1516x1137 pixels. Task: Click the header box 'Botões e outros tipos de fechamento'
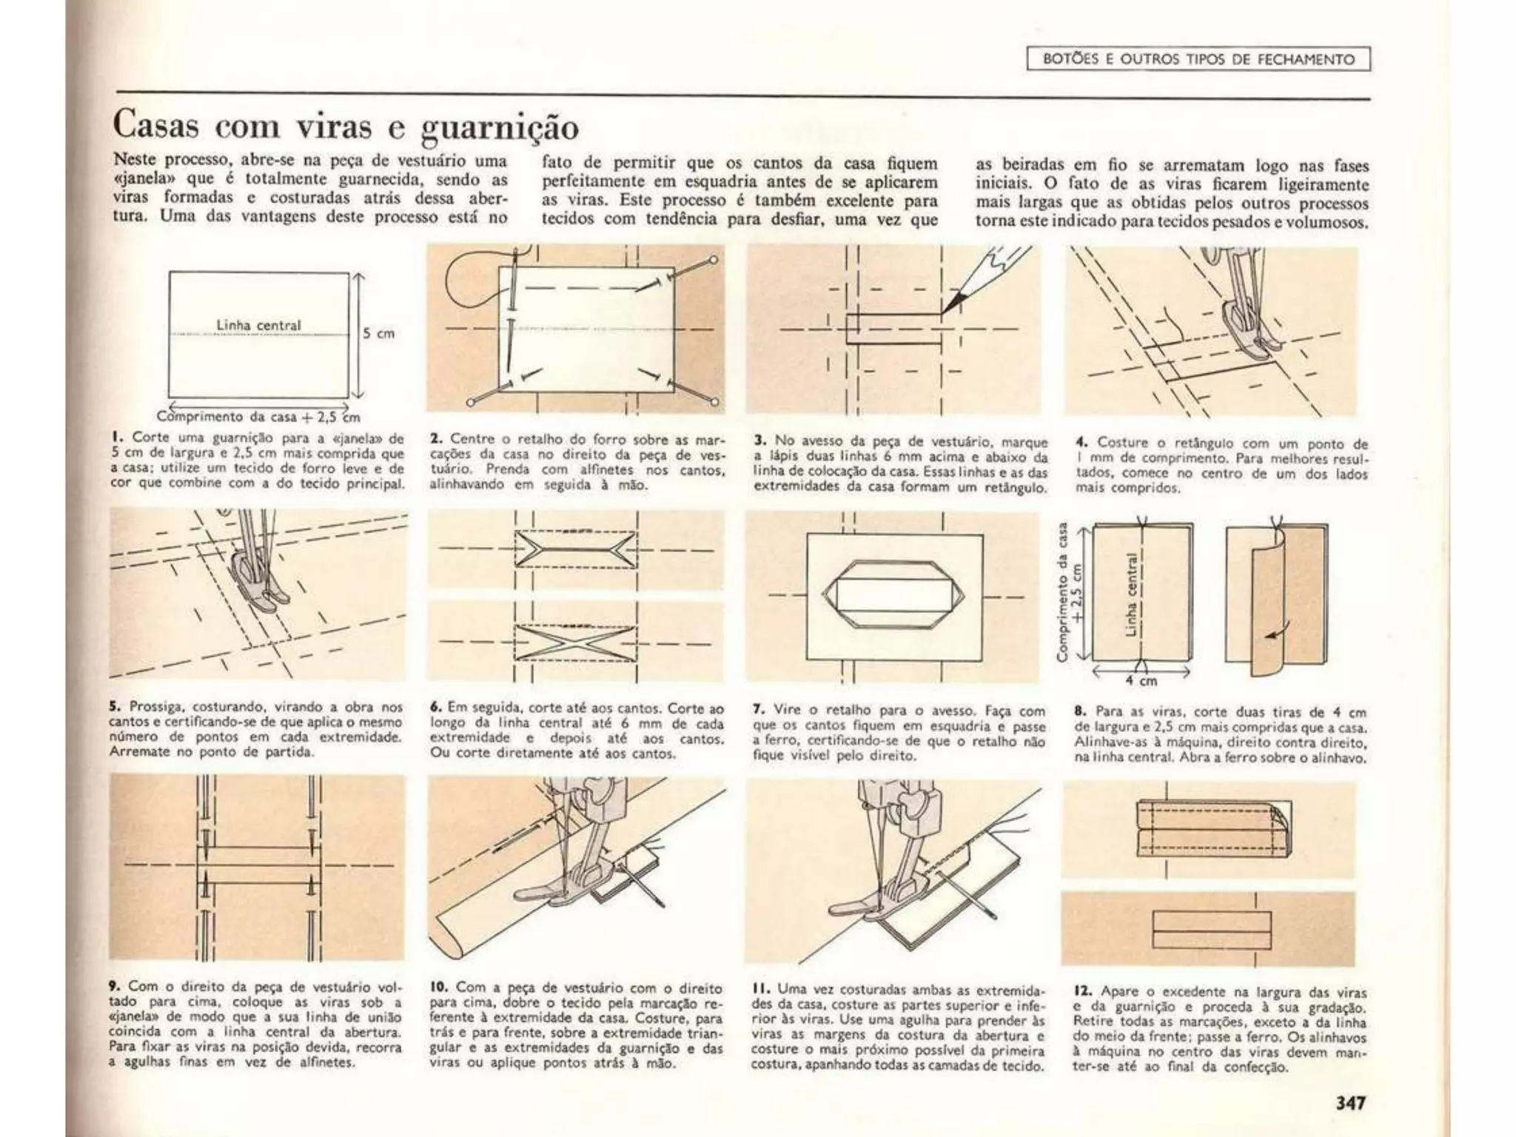[x=1198, y=59]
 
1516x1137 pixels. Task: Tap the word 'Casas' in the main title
[x=156, y=125]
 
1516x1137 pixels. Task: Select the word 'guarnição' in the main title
[x=500, y=127]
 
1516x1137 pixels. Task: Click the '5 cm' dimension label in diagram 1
[x=378, y=334]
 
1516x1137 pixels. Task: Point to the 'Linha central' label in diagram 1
[x=258, y=326]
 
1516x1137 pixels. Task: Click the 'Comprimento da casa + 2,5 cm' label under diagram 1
[x=258, y=417]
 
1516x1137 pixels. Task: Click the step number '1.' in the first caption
[x=116, y=438]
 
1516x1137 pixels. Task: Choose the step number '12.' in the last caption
[x=1084, y=991]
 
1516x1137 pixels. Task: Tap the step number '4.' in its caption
[x=1081, y=443]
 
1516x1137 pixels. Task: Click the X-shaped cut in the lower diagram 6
[x=575, y=642]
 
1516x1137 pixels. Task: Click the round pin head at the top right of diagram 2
[x=714, y=260]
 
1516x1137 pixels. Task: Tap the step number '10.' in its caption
[x=440, y=987]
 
